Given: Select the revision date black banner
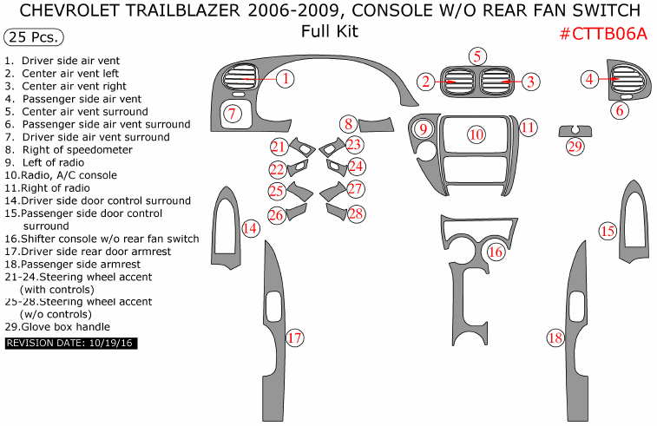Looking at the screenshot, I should point(71,344).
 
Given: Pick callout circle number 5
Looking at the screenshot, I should point(477,56).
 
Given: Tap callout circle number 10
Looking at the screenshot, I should point(476,134).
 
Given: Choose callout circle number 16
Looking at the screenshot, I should point(496,252).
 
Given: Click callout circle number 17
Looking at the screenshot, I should point(295,338).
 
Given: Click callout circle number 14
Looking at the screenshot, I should point(250,228).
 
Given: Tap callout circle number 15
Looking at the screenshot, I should point(608,231).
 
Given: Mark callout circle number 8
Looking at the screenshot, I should point(348,124).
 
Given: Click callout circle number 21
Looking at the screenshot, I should point(278,147).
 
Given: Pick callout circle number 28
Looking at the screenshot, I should point(356,213).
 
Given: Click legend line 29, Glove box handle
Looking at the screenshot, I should point(58,327).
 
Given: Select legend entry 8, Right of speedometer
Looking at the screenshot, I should point(69,149).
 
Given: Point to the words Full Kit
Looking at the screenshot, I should point(329,33).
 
